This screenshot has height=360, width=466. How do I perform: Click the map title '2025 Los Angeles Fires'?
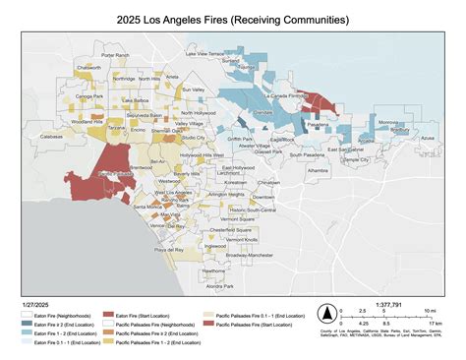point(232,19)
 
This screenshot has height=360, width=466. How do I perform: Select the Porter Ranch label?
point(115,56)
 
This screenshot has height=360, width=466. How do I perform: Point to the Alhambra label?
point(318,170)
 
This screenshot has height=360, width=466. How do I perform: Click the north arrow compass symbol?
point(324,314)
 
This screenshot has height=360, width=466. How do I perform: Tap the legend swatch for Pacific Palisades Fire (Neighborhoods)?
point(109,325)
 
